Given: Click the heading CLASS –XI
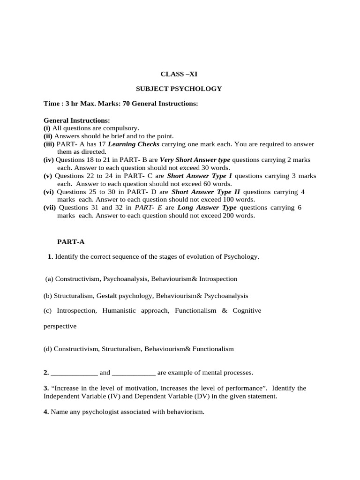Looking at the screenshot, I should (176, 74).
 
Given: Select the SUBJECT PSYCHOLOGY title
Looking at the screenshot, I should (179, 89).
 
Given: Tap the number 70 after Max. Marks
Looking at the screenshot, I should (126, 103).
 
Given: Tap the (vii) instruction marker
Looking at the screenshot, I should (50, 208).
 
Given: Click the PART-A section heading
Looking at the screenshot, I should (71, 242).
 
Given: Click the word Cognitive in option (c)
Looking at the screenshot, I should (247, 310).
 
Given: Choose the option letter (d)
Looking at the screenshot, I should (48, 349).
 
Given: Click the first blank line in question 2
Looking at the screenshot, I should (74, 373).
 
